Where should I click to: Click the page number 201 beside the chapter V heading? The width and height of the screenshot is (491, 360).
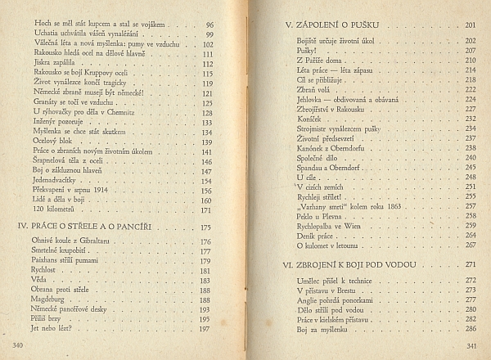coord(470,25)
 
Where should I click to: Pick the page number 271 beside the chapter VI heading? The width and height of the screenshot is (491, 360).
coord(470,265)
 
